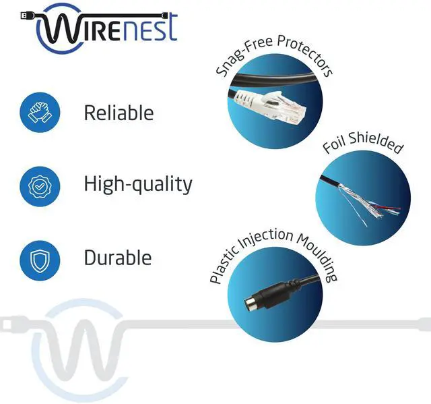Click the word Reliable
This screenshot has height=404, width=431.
pos(119,113)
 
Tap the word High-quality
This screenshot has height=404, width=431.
pos(138,183)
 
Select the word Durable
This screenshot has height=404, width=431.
pos(118,257)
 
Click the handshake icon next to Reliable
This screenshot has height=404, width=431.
pos(40,112)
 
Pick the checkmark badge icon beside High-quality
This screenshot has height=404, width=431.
pos(40,183)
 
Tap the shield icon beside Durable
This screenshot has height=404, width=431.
pos(40,258)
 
